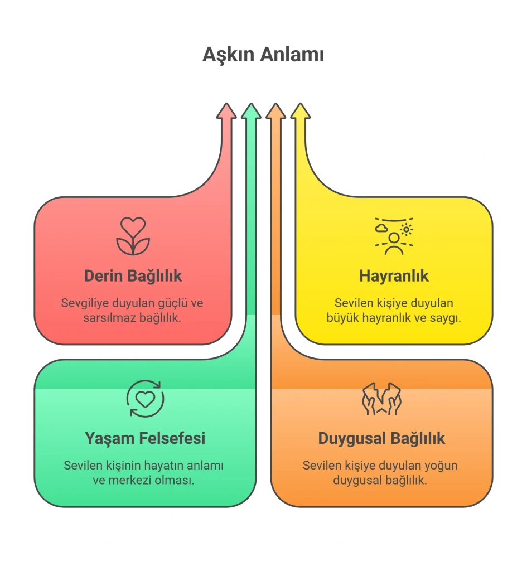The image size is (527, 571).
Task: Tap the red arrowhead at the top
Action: (226, 111)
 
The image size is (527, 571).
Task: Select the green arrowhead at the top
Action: (252, 111)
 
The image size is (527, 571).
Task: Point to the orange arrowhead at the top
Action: (275, 111)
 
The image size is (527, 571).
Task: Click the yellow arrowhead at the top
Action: (301, 111)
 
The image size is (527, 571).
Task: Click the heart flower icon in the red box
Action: (133, 236)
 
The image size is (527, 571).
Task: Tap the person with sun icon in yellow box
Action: (394, 236)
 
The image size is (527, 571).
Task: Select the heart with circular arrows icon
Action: (146, 398)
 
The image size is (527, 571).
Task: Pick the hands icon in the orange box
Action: (381, 398)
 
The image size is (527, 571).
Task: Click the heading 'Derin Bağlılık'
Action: (133, 275)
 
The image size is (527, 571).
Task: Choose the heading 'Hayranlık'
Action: (394, 275)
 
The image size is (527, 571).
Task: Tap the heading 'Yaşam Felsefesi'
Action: (146, 438)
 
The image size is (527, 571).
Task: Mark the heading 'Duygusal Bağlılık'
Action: (381, 438)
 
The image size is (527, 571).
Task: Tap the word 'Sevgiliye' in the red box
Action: (85, 303)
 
